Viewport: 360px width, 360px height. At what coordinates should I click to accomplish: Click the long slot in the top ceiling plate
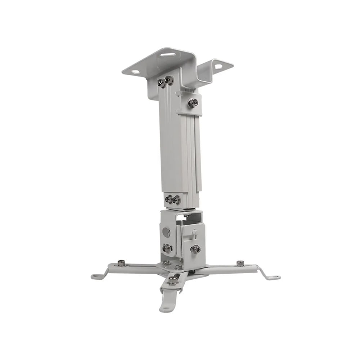(x=168, y=55)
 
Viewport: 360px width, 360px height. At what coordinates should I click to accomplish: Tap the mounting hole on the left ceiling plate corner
(x=136, y=72)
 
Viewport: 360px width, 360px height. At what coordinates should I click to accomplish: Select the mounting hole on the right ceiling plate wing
(x=219, y=66)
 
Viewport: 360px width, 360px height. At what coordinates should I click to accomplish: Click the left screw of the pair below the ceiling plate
(x=162, y=84)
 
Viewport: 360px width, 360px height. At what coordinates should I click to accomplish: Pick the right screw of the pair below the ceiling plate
(x=169, y=80)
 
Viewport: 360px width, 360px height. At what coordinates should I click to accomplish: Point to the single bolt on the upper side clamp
(x=193, y=103)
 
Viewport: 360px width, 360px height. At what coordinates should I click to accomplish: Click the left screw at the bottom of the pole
(x=169, y=199)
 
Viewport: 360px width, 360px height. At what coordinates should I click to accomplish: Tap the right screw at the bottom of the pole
(x=176, y=200)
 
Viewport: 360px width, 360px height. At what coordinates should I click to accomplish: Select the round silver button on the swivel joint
(x=166, y=232)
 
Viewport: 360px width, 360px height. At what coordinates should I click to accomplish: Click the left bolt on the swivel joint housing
(x=167, y=248)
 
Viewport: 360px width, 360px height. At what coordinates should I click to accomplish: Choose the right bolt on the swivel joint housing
(x=195, y=249)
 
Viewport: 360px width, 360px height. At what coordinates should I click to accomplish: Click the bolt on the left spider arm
(x=121, y=263)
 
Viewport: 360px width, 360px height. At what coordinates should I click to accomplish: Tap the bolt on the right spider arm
(x=240, y=263)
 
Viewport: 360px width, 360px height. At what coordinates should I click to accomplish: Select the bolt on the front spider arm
(x=173, y=280)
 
